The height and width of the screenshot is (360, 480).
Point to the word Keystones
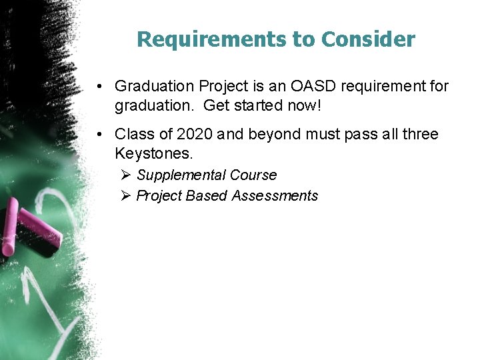(x=153, y=153)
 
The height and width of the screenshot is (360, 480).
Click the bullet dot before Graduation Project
(x=98, y=87)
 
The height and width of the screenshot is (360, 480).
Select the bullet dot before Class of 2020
(x=98, y=135)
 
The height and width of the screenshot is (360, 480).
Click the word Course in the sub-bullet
(x=253, y=175)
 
